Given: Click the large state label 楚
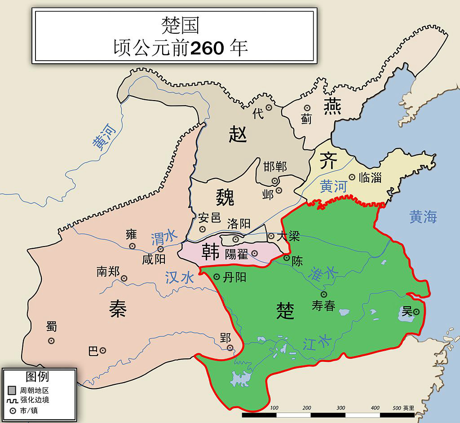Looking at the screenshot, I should pyautogui.click(x=285, y=310).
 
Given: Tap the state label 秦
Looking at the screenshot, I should pyautogui.click(x=118, y=308).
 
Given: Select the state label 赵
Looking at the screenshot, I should pyautogui.click(x=238, y=133).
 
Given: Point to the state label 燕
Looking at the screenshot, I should pyautogui.click(x=332, y=106).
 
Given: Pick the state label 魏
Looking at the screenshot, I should pyautogui.click(x=225, y=197).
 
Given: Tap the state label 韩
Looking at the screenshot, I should pyautogui.click(x=210, y=251).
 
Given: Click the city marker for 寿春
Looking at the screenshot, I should pyautogui.click(x=324, y=294).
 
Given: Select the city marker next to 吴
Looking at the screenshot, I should pyautogui.click(x=416, y=312).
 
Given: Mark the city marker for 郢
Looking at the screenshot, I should pyautogui.click(x=230, y=348).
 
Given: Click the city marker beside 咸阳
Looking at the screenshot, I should pyautogui.click(x=160, y=249).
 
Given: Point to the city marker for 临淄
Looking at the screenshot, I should pyautogui.click(x=352, y=177).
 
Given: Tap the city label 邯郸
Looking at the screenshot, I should pyautogui.click(x=275, y=167).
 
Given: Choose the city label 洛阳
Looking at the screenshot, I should pyautogui.click(x=239, y=224).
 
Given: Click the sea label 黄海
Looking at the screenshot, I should pyautogui.click(x=423, y=217).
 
